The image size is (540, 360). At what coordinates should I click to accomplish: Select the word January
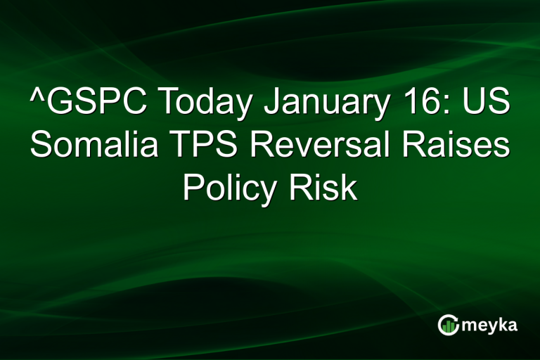click(x=327, y=105)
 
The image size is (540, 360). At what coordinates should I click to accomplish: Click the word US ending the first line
click(x=487, y=105)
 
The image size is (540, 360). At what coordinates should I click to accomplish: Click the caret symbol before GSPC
click(x=35, y=98)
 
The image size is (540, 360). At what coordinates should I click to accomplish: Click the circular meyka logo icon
click(x=448, y=325)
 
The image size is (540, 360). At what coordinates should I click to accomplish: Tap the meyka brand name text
click(x=490, y=325)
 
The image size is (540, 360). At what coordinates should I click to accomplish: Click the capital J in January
click(x=271, y=105)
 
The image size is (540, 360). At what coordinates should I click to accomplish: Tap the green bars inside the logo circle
click(x=448, y=326)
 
